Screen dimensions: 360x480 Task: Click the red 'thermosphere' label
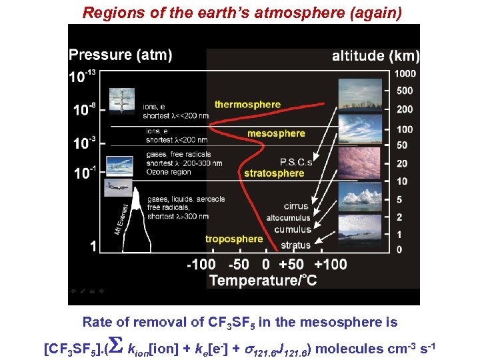(x=247, y=104)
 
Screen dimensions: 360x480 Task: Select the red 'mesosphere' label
(x=276, y=133)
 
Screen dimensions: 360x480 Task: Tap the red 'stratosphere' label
(x=274, y=173)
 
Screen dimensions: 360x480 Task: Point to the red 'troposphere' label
(x=234, y=239)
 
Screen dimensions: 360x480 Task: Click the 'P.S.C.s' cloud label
(x=296, y=162)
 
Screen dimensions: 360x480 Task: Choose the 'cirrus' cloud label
(x=296, y=207)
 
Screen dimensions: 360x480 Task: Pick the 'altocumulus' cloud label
(x=289, y=218)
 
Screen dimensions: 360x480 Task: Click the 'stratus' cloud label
(x=296, y=245)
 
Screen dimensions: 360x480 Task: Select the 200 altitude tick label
(x=405, y=109)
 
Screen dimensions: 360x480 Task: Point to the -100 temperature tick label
(x=201, y=265)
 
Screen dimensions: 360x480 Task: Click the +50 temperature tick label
(x=294, y=265)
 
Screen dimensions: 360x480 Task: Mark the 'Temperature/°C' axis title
(x=263, y=281)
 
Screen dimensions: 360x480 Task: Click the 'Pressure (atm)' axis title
(x=120, y=55)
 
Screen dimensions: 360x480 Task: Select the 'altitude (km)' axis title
(x=375, y=56)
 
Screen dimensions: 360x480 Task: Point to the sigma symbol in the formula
(x=116, y=347)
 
